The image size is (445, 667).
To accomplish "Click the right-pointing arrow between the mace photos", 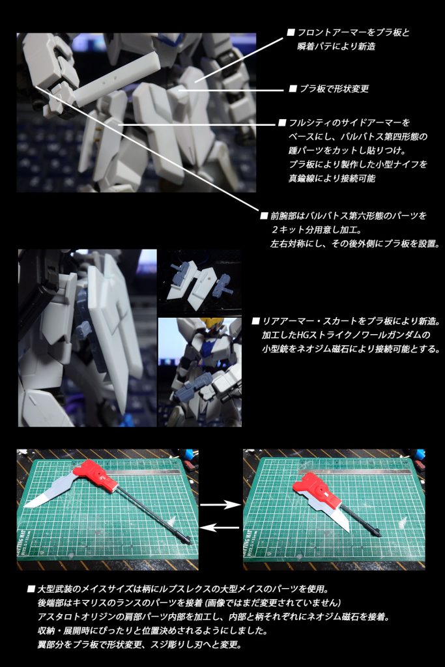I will click(x=220, y=504).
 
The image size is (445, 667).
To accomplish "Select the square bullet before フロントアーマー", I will click(x=291, y=32).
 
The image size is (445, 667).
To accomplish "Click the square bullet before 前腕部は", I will click(x=264, y=216).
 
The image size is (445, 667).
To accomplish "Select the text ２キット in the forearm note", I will click(x=286, y=230).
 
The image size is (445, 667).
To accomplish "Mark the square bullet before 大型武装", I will click(x=31, y=589).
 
